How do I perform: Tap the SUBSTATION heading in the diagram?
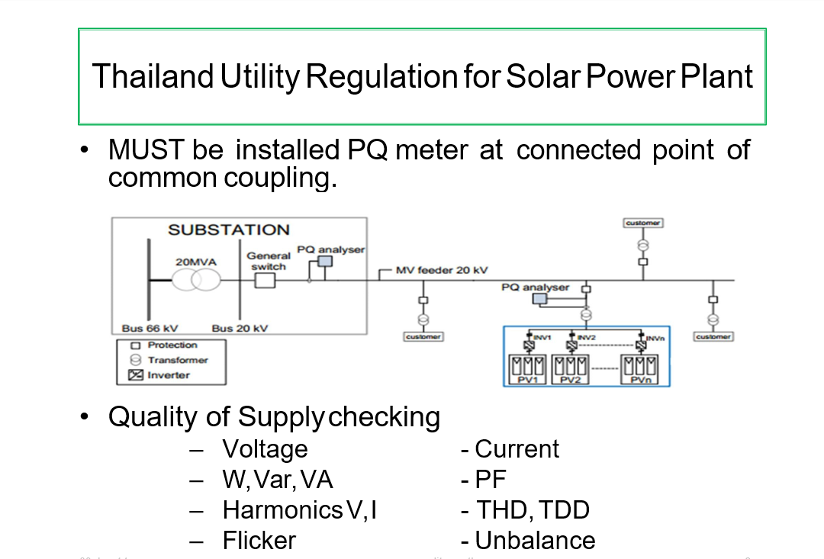tap(228, 230)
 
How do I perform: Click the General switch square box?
tap(265, 281)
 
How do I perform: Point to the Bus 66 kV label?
tap(150, 328)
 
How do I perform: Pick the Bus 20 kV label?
tap(240, 328)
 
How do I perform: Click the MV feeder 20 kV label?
tap(441, 270)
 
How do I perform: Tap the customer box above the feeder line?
tap(642, 223)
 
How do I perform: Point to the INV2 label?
tap(586, 336)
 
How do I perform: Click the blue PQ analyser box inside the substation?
tap(325, 262)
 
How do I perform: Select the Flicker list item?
tap(259, 540)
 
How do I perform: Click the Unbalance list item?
tap(534, 540)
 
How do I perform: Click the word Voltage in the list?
tap(265, 448)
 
